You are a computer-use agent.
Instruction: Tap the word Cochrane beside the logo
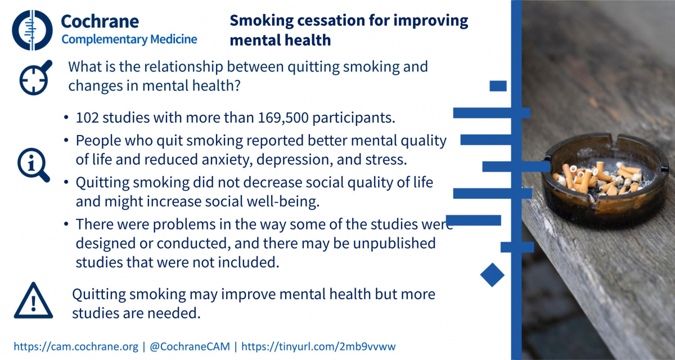coord(100,21)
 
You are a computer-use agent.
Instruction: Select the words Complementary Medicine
coord(129,39)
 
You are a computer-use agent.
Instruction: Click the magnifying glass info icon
coord(33,165)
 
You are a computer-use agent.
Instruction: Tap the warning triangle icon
coord(33,300)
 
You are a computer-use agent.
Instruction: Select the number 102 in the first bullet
coord(87,118)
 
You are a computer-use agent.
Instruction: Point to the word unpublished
coord(394,244)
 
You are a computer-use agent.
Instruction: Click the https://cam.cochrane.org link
coord(76,346)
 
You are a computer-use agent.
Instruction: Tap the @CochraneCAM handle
coord(190,346)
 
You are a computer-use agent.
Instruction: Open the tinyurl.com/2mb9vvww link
coord(318,346)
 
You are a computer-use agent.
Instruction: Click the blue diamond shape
coord(492,274)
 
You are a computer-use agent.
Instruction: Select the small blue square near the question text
coord(498,86)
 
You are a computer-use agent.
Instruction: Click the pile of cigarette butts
coord(598,179)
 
